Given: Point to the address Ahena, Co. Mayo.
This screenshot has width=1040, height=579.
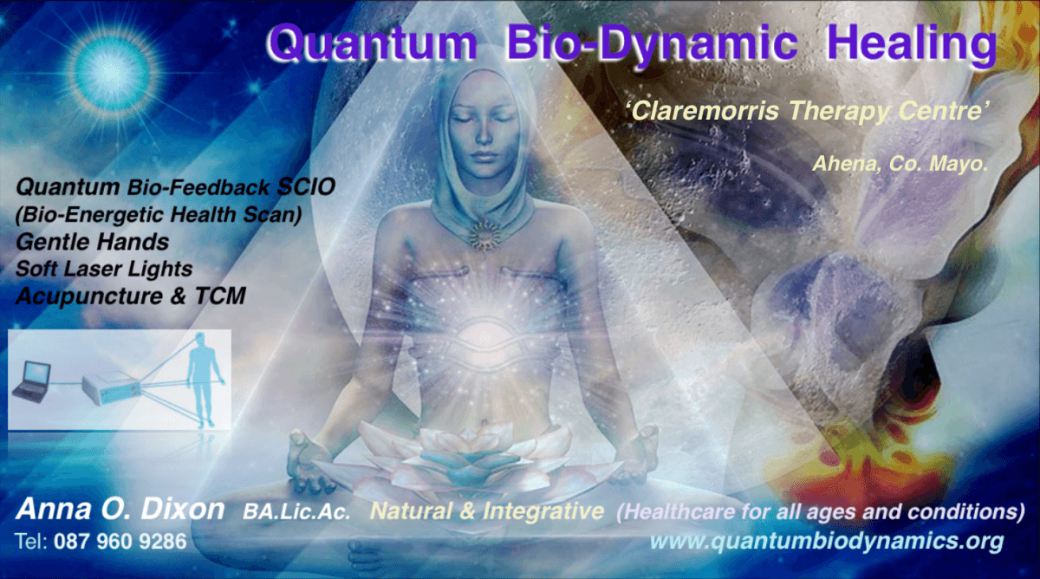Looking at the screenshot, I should point(900,163).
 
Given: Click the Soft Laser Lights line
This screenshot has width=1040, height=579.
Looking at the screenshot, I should point(103,269).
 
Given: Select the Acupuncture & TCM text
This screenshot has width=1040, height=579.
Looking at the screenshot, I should point(130,296).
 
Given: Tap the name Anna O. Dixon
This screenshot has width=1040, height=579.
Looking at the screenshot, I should point(120,510).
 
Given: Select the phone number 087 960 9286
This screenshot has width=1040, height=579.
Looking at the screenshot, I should point(120,543).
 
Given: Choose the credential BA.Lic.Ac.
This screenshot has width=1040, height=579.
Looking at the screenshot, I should point(297,513).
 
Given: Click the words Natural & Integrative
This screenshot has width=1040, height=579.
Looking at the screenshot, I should point(486,511).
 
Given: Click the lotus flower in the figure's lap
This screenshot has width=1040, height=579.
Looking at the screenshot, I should point(476,455).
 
